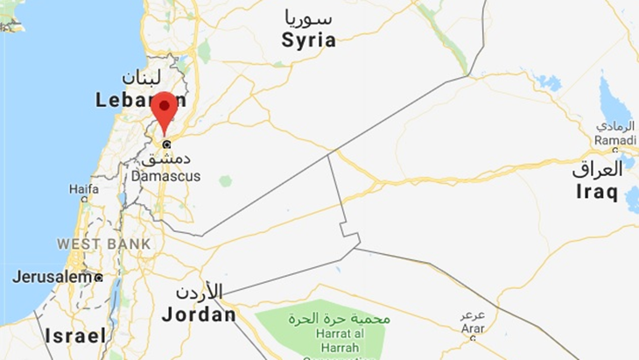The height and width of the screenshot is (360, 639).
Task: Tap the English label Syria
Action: [x=308, y=40]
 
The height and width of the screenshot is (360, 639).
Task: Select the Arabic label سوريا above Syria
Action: [x=309, y=18]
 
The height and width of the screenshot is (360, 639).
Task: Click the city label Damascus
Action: [x=165, y=176]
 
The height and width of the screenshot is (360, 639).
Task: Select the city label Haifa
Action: [x=84, y=188]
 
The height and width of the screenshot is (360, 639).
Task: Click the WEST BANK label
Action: [x=104, y=244]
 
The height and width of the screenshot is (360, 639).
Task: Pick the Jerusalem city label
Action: [x=52, y=277]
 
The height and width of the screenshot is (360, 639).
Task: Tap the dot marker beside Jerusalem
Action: [x=98, y=278]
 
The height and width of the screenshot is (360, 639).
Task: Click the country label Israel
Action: [x=76, y=335]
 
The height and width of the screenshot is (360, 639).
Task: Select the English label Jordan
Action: [x=199, y=314]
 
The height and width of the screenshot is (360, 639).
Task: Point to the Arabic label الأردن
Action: [x=199, y=293]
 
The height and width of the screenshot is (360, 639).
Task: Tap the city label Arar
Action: [x=473, y=328]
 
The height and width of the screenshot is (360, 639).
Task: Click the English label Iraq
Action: [x=596, y=193]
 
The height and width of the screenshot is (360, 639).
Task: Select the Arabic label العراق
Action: [x=597, y=169]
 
